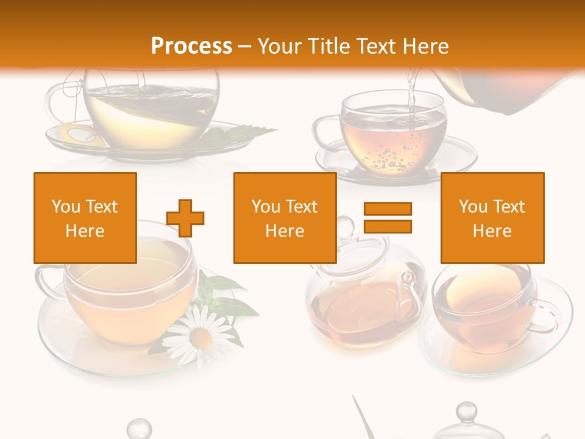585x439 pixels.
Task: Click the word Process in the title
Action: tap(191, 46)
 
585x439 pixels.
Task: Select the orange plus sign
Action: tap(185, 218)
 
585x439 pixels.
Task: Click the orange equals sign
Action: tap(388, 218)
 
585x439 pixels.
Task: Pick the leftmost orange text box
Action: tap(85, 218)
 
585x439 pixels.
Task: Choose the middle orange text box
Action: tap(285, 218)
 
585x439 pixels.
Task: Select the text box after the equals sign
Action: tap(492, 218)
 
